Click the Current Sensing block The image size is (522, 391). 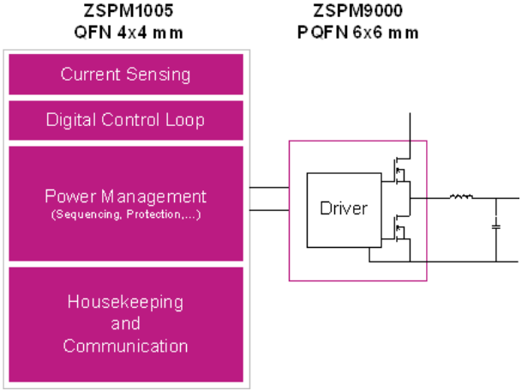[x=125, y=75]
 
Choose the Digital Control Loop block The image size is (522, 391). [x=125, y=120]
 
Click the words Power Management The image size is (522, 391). [x=125, y=196]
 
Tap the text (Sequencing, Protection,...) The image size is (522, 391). [x=125, y=214]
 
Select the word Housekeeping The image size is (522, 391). [x=125, y=303]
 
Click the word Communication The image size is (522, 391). [x=125, y=346]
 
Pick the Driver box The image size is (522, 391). [x=343, y=208]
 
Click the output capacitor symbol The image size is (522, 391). [x=495, y=227]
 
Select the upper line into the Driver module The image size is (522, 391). [x=269, y=188]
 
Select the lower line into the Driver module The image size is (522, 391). [x=269, y=209]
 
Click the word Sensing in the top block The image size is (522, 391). [x=159, y=75]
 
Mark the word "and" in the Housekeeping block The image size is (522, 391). [x=125, y=325]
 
